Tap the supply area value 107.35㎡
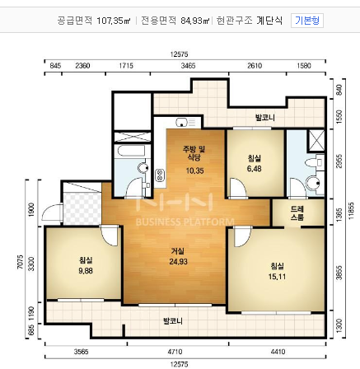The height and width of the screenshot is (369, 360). [x=115, y=16]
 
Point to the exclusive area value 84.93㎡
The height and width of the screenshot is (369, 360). [x=190, y=16]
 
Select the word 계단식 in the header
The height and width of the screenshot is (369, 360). [x=269, y=16]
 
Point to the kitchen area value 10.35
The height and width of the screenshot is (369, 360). [x=194, y=170]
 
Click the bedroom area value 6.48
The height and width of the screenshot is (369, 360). [x=255, y=168]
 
